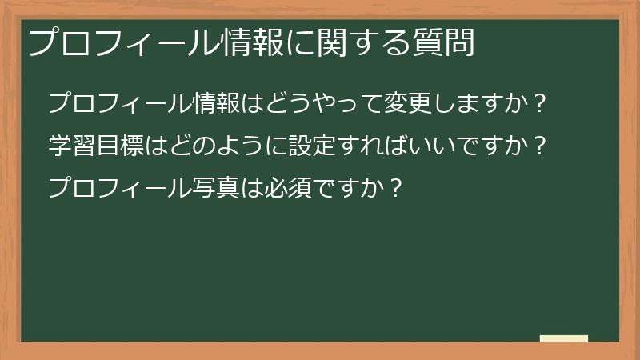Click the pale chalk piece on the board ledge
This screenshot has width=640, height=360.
pyautogui.click(x=564, y=338)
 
